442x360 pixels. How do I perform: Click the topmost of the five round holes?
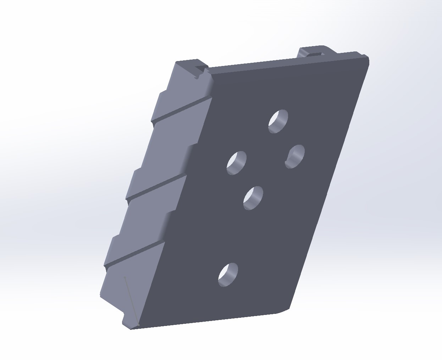point(278,121)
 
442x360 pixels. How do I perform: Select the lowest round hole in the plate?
point(228,275)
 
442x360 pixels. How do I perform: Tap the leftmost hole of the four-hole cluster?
point(237,162)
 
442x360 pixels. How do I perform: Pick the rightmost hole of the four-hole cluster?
point(295,156)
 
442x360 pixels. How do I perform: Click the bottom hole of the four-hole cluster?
point(253,198)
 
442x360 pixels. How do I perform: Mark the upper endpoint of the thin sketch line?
point(125,277)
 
